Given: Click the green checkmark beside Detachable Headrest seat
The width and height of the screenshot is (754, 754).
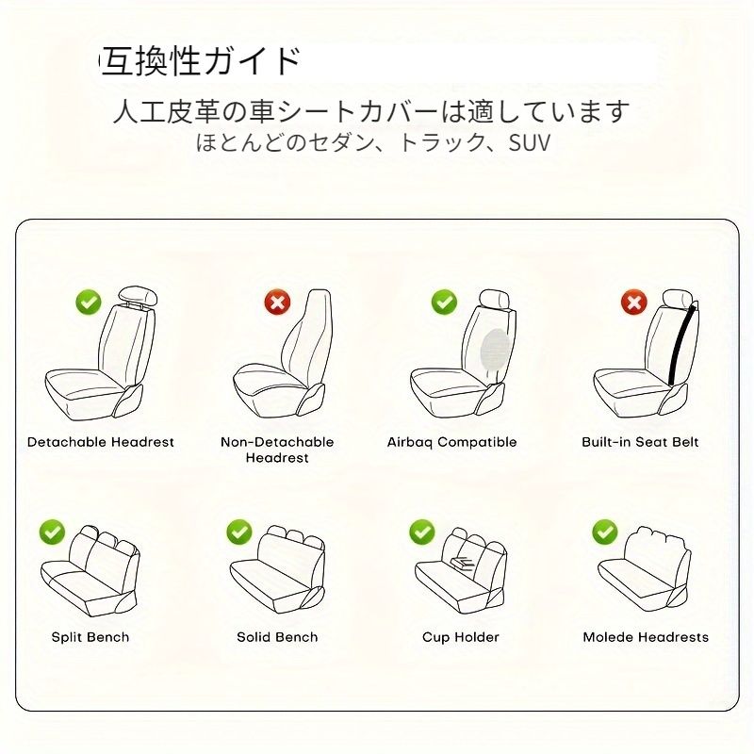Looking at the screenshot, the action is pyautogui.click(x=89, y=303).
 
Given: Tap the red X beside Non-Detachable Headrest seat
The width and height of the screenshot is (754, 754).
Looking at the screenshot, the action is pyautogui.click(x=277, y=303).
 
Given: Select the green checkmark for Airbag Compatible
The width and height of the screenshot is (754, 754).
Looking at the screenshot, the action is pyautogui.click(x=444, y=302).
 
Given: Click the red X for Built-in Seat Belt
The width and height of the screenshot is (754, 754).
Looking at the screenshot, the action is pyautogui.click(x=634, y=302).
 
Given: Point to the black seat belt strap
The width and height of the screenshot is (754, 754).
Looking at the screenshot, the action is pyautogui.click(x=682, y=344).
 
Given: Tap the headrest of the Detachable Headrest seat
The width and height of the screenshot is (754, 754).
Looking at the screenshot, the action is pyautogui.click(x=139, y=296).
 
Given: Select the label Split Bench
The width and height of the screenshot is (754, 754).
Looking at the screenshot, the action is pyautogui.click(x=90, y=637).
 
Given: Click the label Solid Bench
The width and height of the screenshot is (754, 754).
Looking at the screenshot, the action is pyautogui.click(x=277, y=637).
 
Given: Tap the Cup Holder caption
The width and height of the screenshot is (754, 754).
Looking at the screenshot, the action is pyautogui.click(x=461, y=638).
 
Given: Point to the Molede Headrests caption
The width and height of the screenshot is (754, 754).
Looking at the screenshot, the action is pyautogui.click(x=646, y=637).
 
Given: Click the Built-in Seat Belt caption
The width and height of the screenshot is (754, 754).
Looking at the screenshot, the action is pyautogui.click(x=640, y=442).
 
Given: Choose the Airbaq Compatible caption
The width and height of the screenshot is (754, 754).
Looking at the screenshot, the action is pyautogui.click(x=452, y=442).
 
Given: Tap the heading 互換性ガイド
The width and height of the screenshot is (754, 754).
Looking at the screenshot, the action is pyautogui.click(x=200, y=61).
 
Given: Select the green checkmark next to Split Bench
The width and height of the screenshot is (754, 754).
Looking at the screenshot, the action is pyautogui.click(x=52, y=533).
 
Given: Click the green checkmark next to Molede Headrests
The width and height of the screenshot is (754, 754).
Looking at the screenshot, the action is pyautogui.click(x=605, y=532).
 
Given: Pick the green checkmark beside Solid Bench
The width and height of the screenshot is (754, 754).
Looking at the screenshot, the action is pyautogui.click(x=239, y=532).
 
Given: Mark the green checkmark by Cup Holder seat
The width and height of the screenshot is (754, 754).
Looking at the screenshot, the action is pyautogui.click(x=421, y=532).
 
